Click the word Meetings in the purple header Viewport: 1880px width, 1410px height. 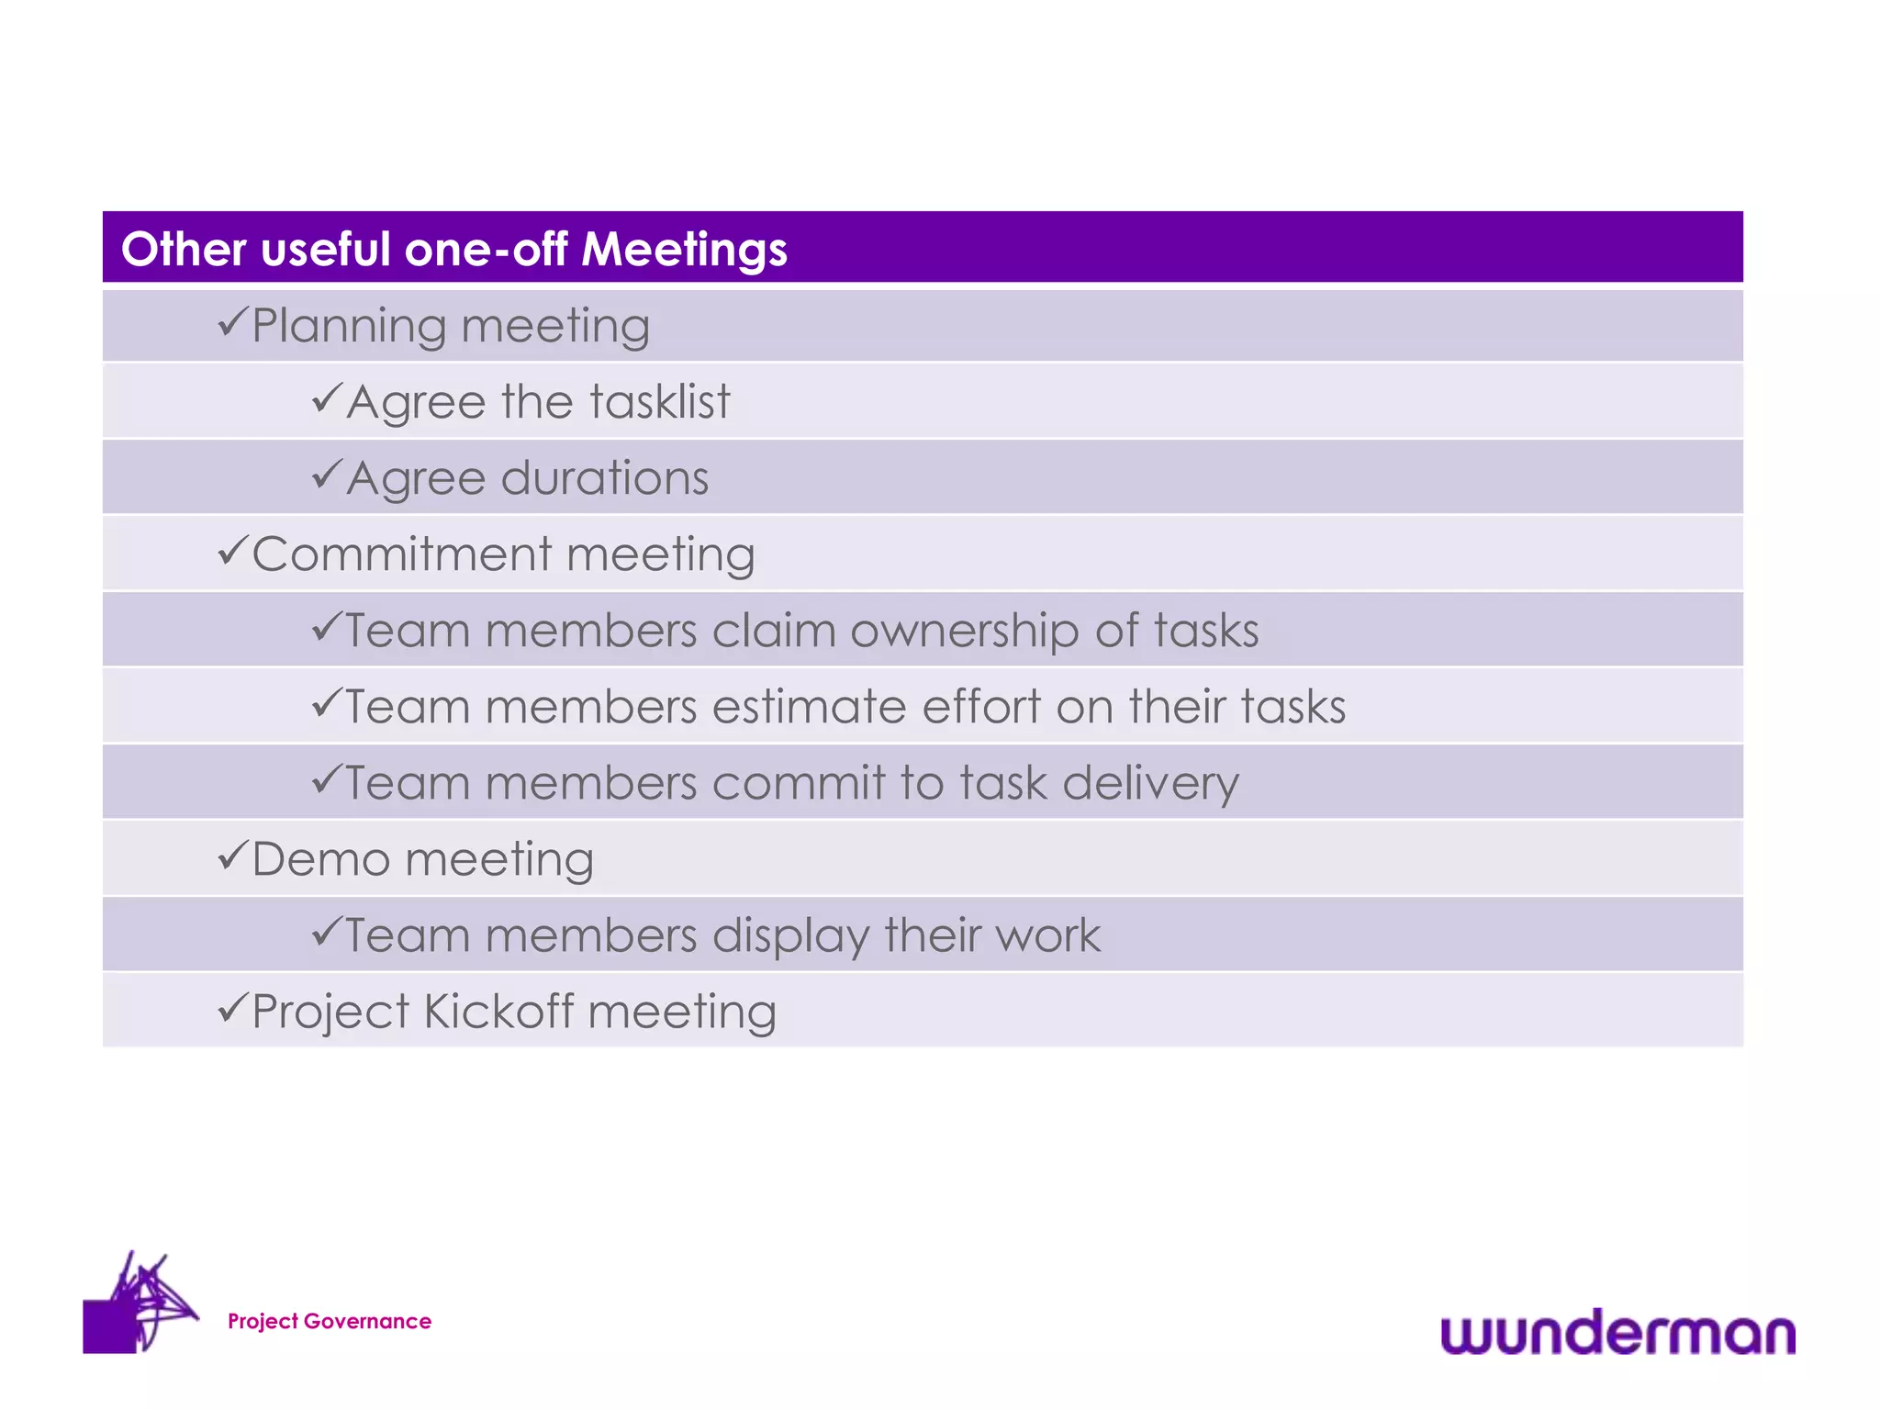click(684, 250)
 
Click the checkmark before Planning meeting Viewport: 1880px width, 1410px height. click(232, 322)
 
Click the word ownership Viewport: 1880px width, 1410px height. click(965, 632)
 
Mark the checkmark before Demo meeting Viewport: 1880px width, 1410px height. click(232, 856)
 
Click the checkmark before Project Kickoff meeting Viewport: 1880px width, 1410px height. click(232, 1008)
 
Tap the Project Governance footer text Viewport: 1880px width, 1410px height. click(330, 1321)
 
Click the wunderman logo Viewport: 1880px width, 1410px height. click(1617, 1333)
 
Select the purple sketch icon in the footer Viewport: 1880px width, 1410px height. click(140, 1304)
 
